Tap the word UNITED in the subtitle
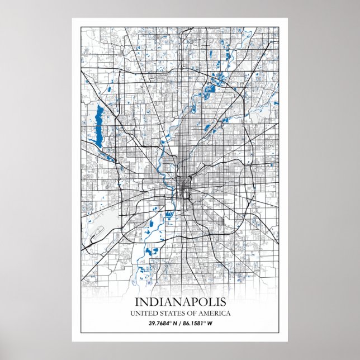click(143, 313)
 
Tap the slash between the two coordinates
click(181, 323)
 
